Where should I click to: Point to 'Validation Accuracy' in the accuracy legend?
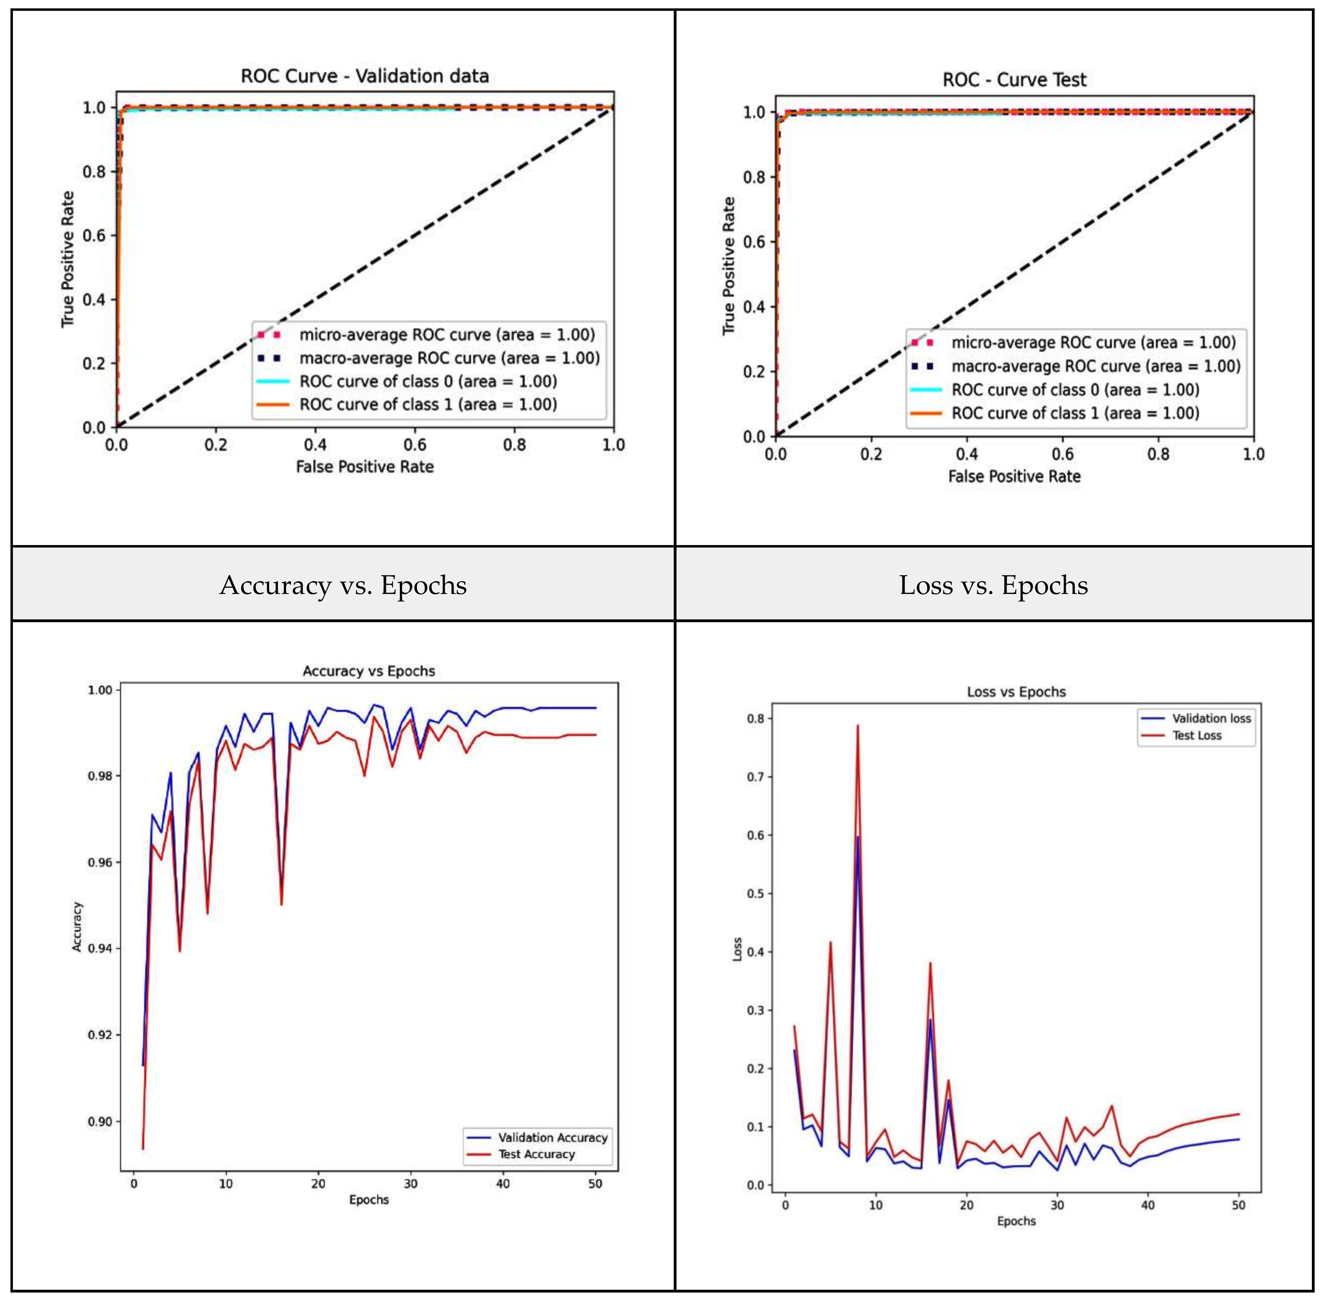[552, 1137]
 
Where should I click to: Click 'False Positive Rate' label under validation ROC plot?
[365, 467]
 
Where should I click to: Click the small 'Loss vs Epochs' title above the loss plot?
[1016, 692]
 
